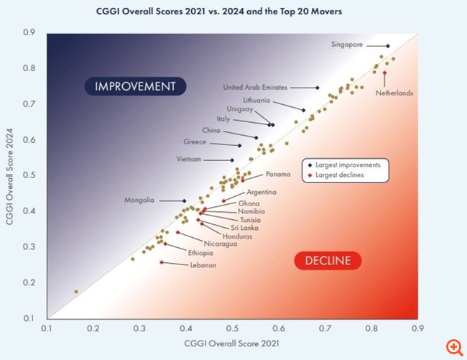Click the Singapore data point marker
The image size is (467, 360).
(388, 46)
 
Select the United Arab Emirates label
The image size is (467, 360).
(255, 88)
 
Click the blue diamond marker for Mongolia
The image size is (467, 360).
(185, 200)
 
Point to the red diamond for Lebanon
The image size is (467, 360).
(162, 262)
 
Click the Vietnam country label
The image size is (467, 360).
(190, 160)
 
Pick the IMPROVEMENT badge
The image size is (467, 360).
(135, 86)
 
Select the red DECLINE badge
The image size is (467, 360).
(328, 260)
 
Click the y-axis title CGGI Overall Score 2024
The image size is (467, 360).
(9, 176)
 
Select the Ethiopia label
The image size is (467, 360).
(200, 253)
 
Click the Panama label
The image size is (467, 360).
(278, 175)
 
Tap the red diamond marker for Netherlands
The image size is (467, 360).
(385, 73)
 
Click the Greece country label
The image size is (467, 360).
(195, 142)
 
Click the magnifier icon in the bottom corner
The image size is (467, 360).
(453, 347)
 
